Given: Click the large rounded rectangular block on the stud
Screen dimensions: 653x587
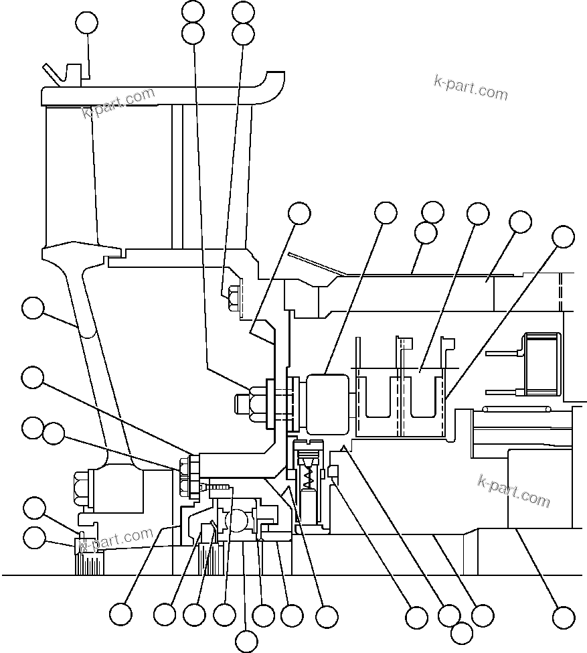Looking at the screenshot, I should point(327,403).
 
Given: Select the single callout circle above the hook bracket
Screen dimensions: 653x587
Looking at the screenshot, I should point(86,23).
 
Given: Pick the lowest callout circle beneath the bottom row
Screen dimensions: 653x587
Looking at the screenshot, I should point(247,641).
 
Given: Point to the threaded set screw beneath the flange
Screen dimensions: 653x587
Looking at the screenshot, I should point(218,488).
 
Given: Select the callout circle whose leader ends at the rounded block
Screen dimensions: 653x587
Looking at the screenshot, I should point(385,213).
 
